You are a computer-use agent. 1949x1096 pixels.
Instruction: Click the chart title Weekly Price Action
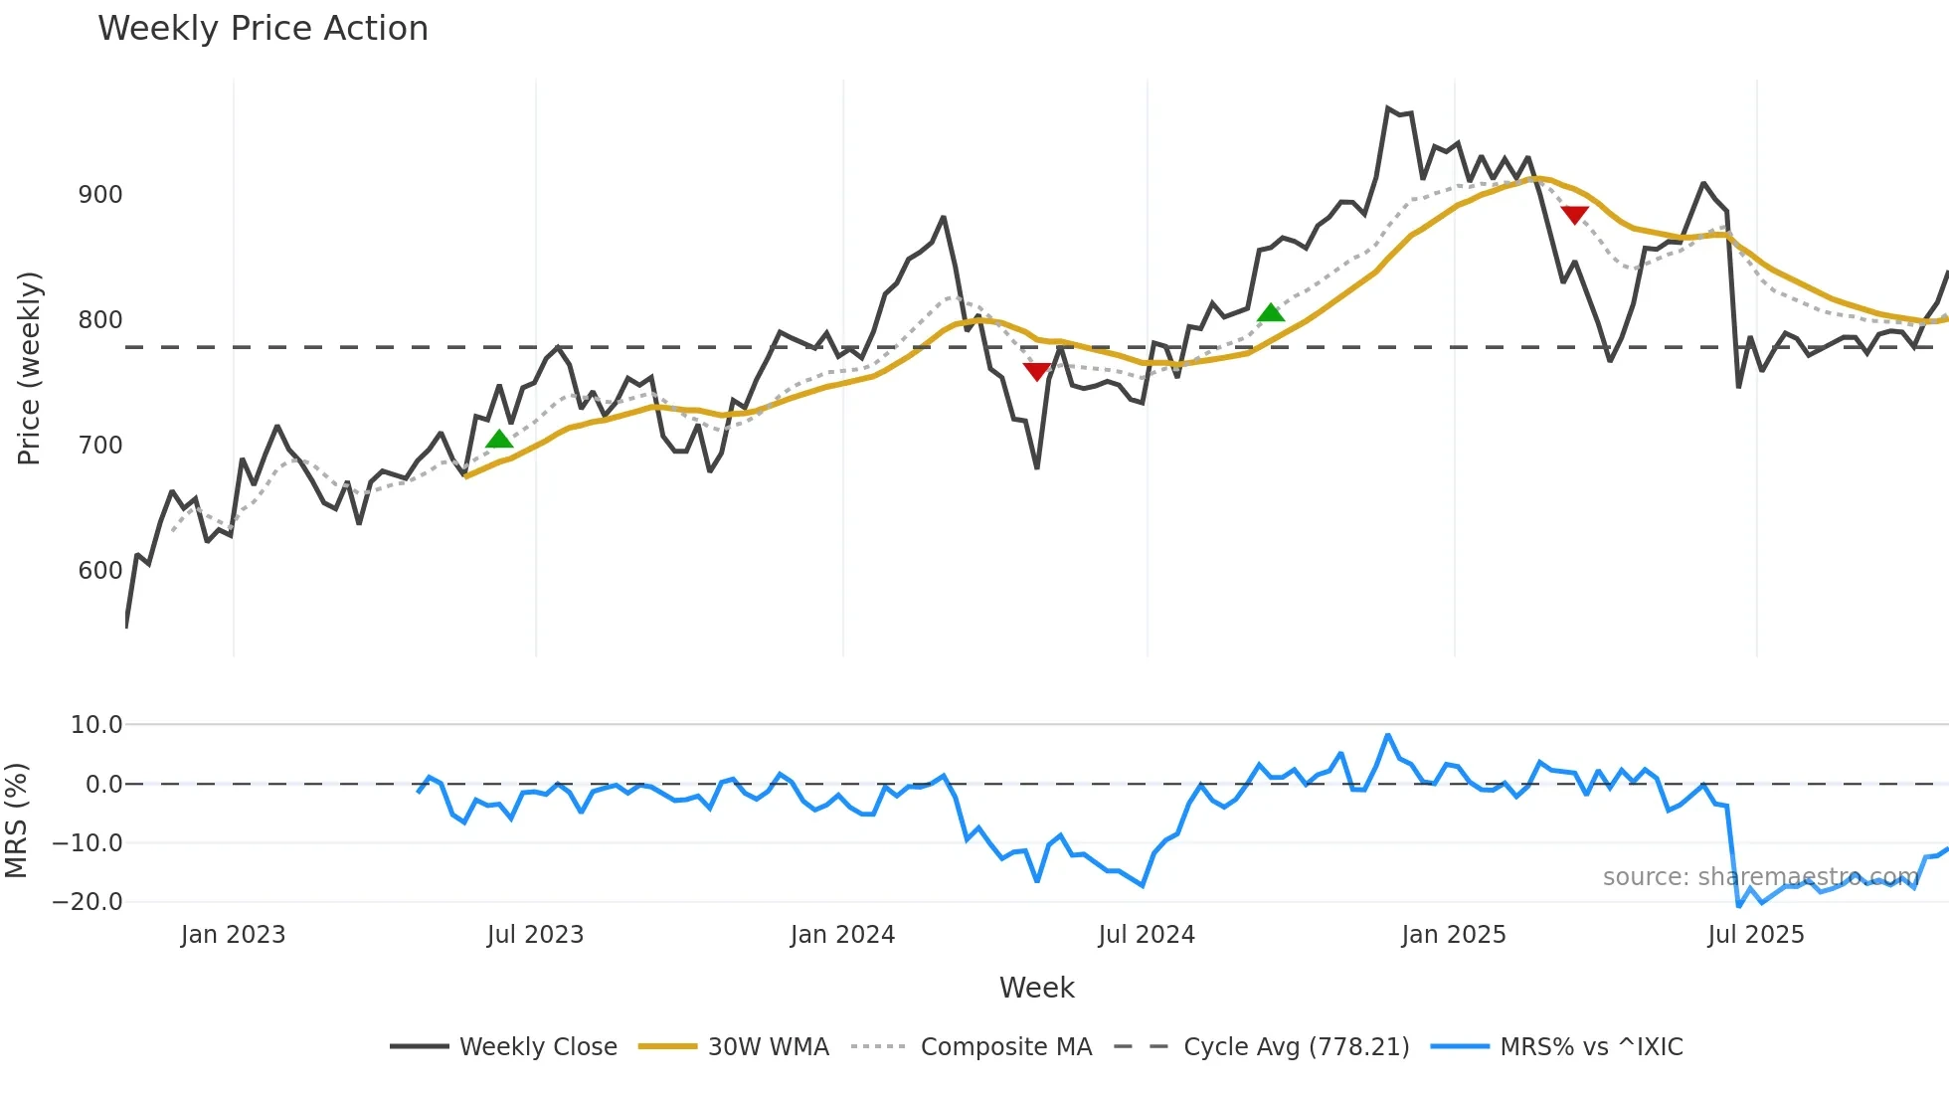[263, 29]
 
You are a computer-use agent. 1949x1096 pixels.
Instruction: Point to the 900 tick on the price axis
[100, 195]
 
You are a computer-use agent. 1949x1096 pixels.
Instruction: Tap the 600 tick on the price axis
[100, 571]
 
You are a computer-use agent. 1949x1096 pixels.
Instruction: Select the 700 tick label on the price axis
[100, 446]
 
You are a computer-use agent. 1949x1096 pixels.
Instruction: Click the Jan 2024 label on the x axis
[842, 935]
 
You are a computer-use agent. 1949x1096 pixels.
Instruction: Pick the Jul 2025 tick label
[1755, 935]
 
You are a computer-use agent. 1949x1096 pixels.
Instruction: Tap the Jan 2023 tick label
[233, 935]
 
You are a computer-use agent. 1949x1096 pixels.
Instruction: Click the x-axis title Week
[1036, 988]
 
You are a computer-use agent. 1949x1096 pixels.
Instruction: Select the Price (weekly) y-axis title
[30, 368]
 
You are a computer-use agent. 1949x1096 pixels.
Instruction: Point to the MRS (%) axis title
[17, 821]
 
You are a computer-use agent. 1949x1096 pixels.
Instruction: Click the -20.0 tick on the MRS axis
[88, 902]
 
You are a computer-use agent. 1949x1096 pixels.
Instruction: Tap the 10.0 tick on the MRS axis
[96, 725]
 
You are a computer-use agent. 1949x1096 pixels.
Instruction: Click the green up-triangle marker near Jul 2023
[499, 440]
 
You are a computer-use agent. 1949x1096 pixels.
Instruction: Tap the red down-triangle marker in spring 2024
[1036, 371]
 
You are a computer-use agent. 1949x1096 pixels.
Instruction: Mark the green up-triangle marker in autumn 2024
[1271, 313]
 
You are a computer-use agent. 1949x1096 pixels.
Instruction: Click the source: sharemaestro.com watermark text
[1760, 877]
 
